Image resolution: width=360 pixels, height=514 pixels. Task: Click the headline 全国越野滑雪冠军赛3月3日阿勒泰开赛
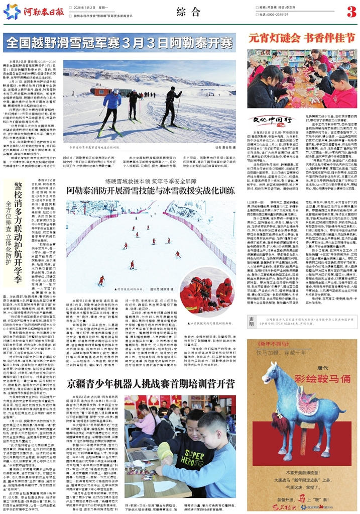pos(122,41)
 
